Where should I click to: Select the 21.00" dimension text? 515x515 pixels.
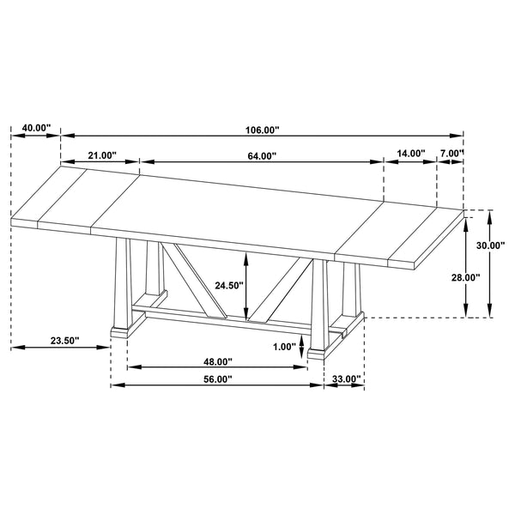(x=101, y=155)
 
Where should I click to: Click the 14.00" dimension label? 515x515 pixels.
(x=411, y=154)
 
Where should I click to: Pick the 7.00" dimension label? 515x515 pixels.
(x=451, y=154)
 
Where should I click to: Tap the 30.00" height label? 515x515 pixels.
(x=491, y=245)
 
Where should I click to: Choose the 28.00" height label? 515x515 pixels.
(x=466, y=277)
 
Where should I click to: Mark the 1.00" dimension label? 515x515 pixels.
(x=283, y=347)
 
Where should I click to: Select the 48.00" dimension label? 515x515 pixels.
(x=219, y=361)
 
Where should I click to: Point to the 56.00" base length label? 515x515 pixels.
(x=217, y=379)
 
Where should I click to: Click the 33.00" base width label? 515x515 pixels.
(x=345, y=379)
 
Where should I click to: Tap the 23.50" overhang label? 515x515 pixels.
(x=64, y=341)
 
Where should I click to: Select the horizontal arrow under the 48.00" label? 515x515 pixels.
(x=217, y=369)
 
